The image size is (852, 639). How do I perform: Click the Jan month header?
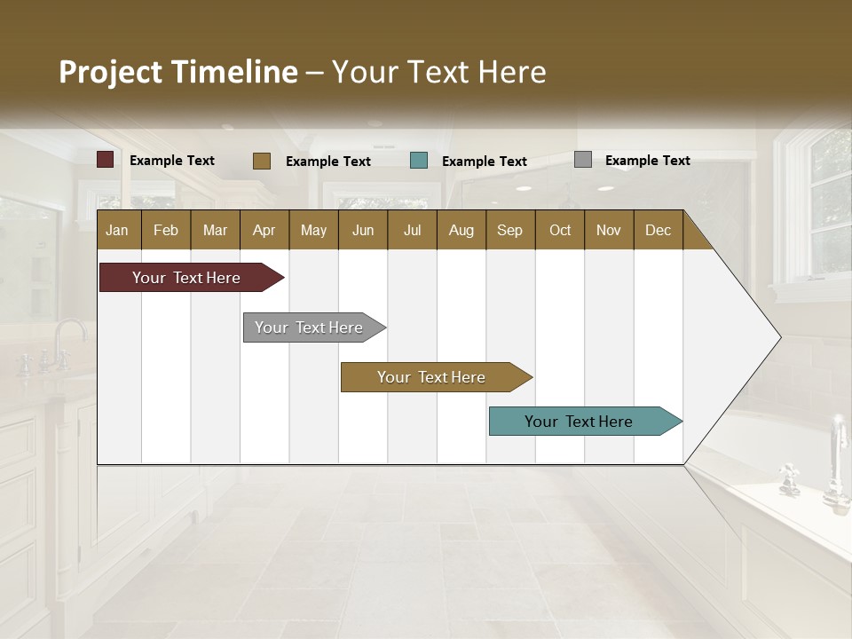(x=118, y=230)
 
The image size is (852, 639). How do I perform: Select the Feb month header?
(x=166, y=230)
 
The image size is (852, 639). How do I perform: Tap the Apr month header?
(x=264, y=230)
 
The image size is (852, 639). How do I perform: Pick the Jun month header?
(x=363, y=230)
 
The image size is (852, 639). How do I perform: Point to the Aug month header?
(x=461, y=230)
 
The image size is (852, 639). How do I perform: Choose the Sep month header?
(x=509, y=230)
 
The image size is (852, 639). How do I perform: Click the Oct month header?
(x=560, y=230)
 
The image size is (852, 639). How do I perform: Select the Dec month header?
(x=658, y=230)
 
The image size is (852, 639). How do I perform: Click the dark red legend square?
(x=106, y=160)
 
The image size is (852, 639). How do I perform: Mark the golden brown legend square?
(x=262, y=161)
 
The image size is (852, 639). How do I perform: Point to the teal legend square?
(x=419, y=161)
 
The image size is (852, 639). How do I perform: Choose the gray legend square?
(x=583, y=160)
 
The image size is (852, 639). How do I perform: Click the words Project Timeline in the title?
(x=178, y=72)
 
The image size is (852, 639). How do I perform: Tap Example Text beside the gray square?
(x=647, y=160)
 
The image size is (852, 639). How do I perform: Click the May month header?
(x=313, y=230)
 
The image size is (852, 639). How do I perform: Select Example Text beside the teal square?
(x=484, y=161)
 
